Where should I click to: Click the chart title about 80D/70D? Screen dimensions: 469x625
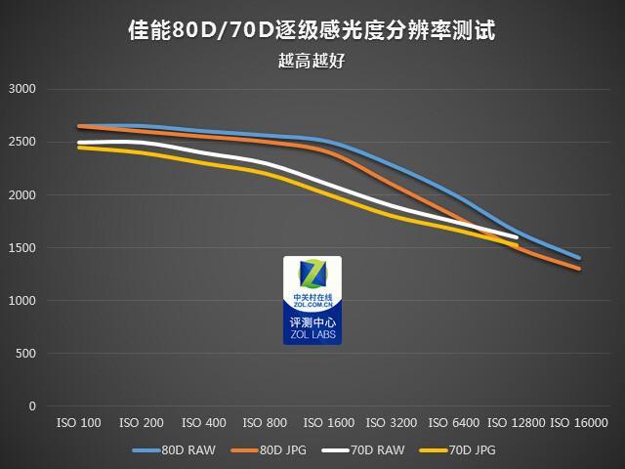pos(312,30)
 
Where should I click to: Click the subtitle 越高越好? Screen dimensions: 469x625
pos(312,61)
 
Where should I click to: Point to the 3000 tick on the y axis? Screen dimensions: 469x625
pos(21,89)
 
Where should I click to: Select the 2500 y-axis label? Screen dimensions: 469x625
pos(21,142)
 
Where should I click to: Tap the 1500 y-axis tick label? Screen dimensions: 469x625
pos(21,248)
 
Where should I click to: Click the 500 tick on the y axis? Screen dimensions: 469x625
pos(25,354)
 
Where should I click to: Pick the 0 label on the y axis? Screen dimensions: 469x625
pos(32,406)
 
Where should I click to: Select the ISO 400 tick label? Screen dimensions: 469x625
pos(204,423)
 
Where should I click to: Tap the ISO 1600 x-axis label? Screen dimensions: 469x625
pos(329,423)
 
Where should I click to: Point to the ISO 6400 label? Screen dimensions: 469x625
pos(454,423)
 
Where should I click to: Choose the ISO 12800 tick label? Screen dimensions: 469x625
pos(516,423)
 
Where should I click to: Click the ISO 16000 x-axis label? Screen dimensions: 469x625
pos(579,423)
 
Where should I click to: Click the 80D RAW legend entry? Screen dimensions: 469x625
pos(177,450)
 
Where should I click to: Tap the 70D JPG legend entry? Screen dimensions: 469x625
pos(460,450)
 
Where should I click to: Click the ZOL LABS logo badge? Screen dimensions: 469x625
pos(312,300)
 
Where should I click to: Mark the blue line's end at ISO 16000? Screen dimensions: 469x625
pos(579,258)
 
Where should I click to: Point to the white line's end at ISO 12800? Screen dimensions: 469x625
pos(517,237)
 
